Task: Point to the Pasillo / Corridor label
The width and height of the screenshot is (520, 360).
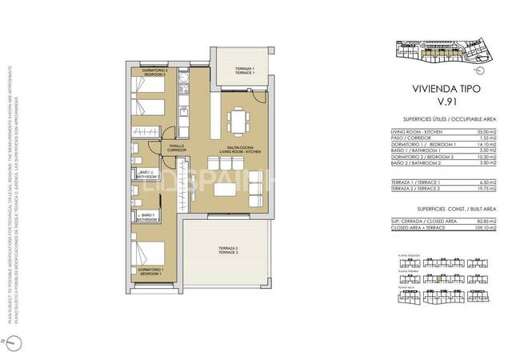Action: [177, 148]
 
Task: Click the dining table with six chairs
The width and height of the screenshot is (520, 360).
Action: [238, 122]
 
